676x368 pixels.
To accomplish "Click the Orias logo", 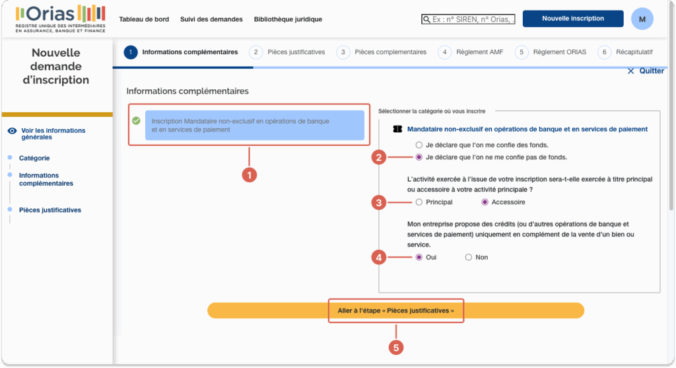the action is coord(60,18).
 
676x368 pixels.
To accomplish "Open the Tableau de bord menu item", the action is coord(144,19).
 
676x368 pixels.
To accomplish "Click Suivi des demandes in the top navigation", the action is coord(211,19).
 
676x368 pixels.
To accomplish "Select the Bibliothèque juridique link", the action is coord(288,19).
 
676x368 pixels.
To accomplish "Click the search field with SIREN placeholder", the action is coord(468,19).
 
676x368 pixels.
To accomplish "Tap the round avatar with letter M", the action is coord(642,19).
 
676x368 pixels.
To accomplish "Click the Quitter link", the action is coord(646,71).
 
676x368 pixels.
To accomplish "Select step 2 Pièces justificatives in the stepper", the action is coord(287,52).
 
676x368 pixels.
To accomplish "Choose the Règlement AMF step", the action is coord(470,52).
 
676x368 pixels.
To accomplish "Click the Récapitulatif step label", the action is coord(634,52).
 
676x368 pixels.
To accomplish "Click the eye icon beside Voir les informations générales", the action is coord(12,131).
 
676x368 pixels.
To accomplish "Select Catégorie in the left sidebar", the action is coord(34,159).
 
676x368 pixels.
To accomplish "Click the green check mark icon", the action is coord(136,121).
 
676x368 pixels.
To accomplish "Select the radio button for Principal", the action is coord(419,202).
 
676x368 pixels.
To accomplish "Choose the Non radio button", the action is coord(469,258).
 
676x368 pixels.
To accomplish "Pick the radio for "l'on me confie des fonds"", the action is coord(419,145).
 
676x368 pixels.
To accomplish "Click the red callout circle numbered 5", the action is coord(396,348).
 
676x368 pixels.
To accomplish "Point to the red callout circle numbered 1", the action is coord(249,175).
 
